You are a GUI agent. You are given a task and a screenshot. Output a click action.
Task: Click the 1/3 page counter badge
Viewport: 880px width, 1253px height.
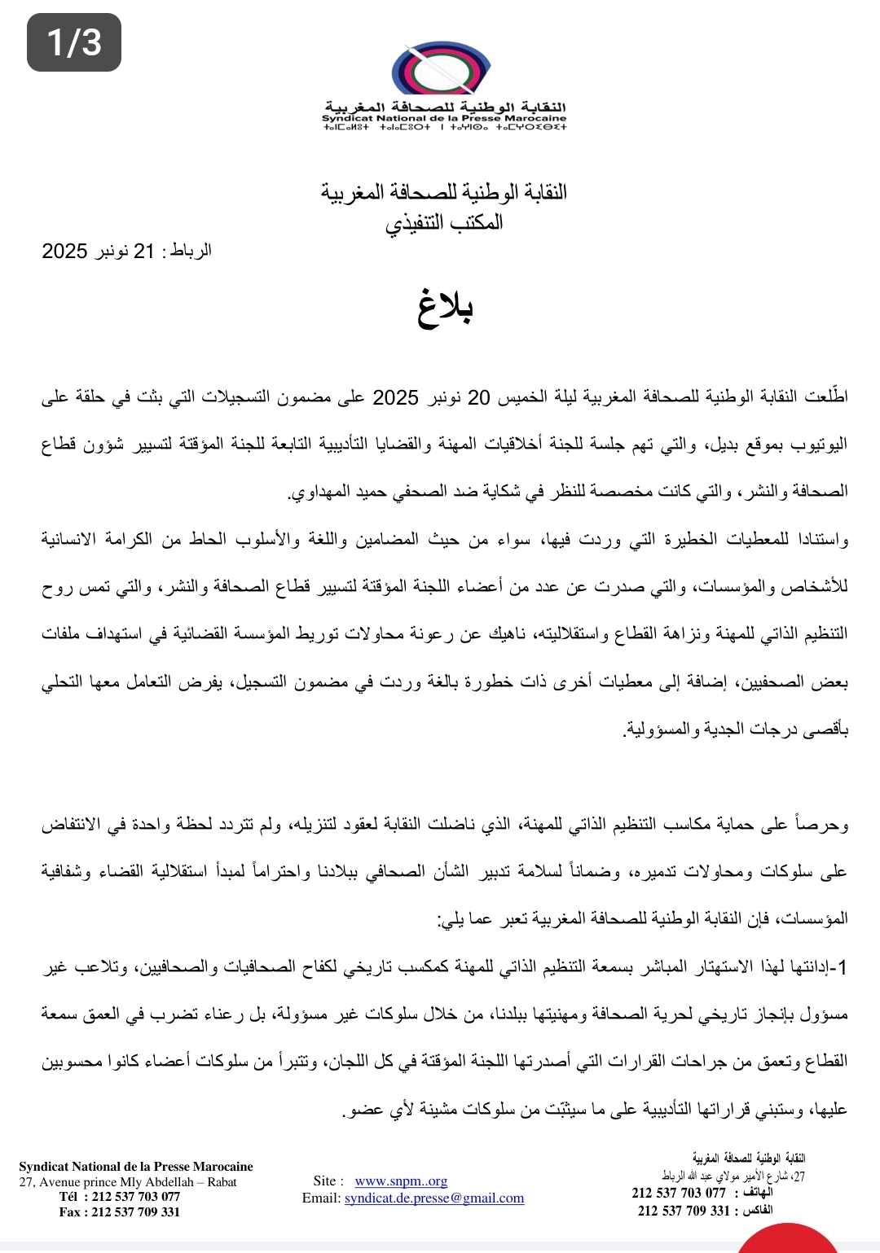pyautogui.click(x=74, y=42)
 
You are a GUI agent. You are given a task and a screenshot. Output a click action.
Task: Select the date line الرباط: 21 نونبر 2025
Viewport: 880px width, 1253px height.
pyautogui.click(x=127, y=251)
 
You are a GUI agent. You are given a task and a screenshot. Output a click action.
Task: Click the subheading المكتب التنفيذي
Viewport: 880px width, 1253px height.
pyautogui.click(x=444, y=222)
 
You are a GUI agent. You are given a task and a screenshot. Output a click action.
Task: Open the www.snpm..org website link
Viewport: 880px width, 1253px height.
pyautogui.click(x=401, y=1181)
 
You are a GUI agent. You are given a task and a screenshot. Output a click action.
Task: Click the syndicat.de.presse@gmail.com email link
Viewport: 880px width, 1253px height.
pyautogui.click(x=433, y=1198)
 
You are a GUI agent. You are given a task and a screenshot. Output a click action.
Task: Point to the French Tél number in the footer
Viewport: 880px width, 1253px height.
pyautogui.click(x=120, y=1197)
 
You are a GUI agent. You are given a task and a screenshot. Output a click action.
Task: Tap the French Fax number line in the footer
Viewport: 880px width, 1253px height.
pyautogui.click(x=120, y=1211)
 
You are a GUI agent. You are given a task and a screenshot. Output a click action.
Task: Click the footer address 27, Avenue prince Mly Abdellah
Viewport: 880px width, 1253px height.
pyautogui.click(x=128, y=1182)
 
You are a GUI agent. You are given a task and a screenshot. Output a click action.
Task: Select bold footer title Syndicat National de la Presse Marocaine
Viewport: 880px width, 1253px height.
pyautogui.click(x=136, y=1167)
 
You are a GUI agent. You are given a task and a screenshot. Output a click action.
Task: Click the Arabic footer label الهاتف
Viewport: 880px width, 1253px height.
pyautogui.click(x=758, y=1193)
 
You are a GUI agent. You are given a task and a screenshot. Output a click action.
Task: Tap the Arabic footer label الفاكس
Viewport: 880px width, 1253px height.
pyautogui.click(x=757, y=1211)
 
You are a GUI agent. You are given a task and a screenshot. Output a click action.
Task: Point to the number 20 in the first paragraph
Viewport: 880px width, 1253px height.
pyautogui.click(x=478, y=397)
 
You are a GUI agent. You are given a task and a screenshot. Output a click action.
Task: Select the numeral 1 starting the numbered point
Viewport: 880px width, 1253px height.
pyautogui.click(x=843, y=967)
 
